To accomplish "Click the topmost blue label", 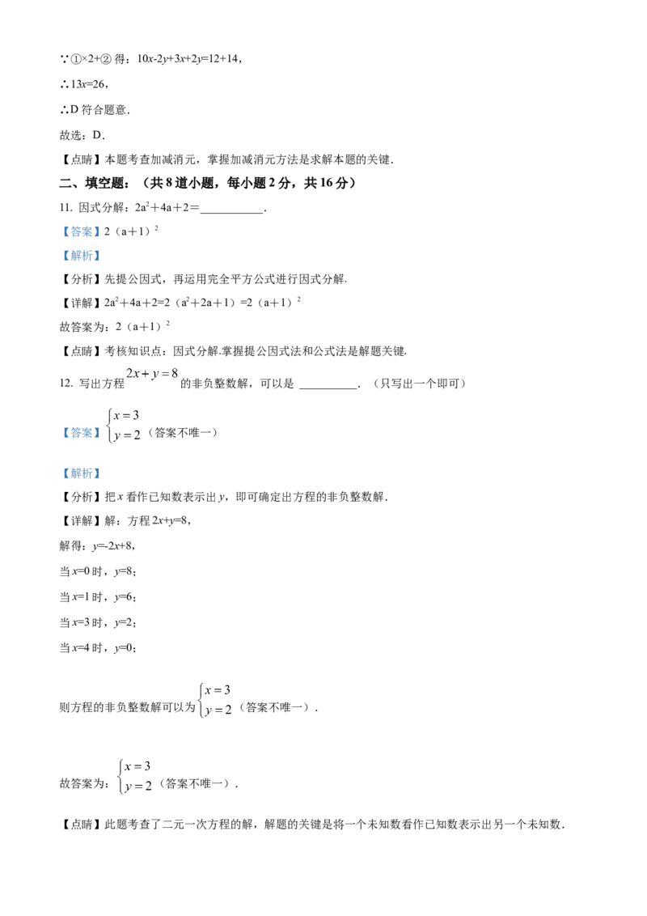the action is (x=81, y=231).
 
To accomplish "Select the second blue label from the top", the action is (x=81, y=256).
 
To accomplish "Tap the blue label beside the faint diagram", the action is (x=81, y=434).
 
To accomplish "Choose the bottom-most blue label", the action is (x=81, y=473).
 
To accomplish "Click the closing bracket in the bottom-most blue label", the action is (x=99, y=473).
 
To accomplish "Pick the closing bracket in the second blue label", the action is (x=99, y=256).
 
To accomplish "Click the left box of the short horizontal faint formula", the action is (x=129, y=373).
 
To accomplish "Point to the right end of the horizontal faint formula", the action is (x=172, y=374).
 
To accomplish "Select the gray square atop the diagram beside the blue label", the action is (x=112, y=405).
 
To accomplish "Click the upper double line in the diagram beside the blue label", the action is (x=126, y=417).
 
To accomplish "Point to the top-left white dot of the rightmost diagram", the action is (x=204, y=684).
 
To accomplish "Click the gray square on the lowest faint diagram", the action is (x=125, y=760).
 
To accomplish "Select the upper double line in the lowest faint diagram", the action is (x=137, y=768).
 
